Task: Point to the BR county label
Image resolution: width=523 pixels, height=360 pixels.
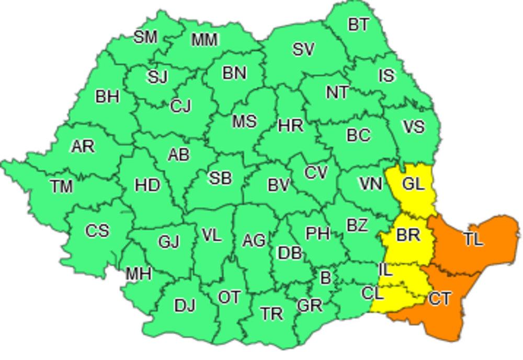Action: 408,235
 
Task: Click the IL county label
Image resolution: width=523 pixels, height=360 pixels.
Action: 385,270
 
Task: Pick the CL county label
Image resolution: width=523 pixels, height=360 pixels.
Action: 372,294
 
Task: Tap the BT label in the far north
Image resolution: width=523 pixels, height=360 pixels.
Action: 358,25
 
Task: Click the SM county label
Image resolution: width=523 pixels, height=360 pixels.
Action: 145,37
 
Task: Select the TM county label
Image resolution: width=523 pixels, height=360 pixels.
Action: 62,186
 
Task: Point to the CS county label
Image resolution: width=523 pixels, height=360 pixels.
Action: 97,230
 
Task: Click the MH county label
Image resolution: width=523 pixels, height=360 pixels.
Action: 138,273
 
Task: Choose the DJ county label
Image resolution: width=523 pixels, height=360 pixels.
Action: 185,305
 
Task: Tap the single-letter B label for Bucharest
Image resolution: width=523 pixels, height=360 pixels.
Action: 325,278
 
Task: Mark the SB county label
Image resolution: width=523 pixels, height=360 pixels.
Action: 220,178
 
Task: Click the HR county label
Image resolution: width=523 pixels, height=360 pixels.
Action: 291,126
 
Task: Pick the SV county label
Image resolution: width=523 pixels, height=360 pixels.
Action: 303,50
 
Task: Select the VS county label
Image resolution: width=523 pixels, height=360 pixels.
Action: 413,127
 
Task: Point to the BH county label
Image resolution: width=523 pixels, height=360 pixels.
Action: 107,97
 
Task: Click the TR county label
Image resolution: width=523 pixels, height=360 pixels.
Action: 272,314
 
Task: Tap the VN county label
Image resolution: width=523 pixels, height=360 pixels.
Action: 370,184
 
